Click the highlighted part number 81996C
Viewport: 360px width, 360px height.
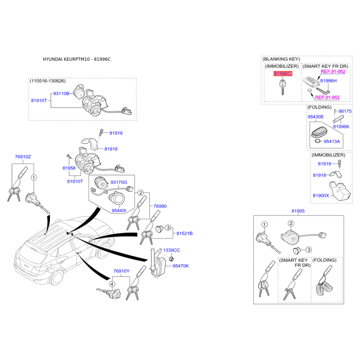(283, 73)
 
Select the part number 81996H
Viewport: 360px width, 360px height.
(328, 81)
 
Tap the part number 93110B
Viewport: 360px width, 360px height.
(61, 94)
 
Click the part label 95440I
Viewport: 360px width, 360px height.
(119, 210)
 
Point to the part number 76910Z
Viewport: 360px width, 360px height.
(23, 157)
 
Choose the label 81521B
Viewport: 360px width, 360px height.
(184, 233)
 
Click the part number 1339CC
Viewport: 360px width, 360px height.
(171, 250)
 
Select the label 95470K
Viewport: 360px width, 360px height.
(180, 266)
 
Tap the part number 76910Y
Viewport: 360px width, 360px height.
(121, 271)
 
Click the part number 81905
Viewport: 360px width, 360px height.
(298, 211)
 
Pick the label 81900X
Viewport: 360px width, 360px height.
(321, 196)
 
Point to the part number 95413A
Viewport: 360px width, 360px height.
(332, 141)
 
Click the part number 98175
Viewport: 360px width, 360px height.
(345, 111)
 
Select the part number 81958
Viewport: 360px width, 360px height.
(69, 168)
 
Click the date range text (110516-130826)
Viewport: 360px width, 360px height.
(48, 81)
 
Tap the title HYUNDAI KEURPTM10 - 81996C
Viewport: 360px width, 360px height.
(76, 59)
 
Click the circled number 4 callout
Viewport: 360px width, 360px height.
(112, 284)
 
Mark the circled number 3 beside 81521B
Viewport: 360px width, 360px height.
(168, 228)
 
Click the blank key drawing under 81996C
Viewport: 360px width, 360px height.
(283, 87)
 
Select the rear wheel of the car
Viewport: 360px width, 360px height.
(57, 277)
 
